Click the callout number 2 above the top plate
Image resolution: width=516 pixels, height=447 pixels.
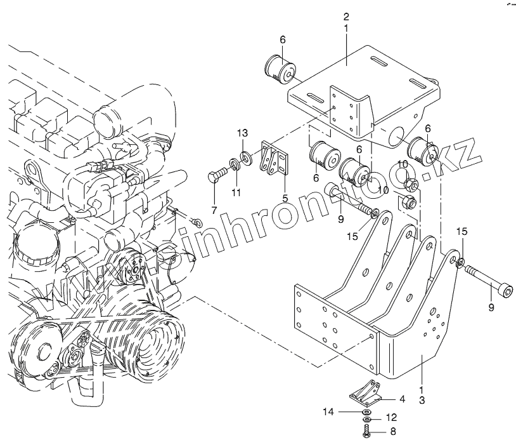pos(346,17)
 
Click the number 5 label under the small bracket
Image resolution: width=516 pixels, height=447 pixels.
pos(285,198)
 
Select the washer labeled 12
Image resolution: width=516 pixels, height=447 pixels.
pos(368,420)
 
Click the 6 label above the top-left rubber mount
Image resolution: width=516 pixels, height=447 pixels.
pos(283,40)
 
